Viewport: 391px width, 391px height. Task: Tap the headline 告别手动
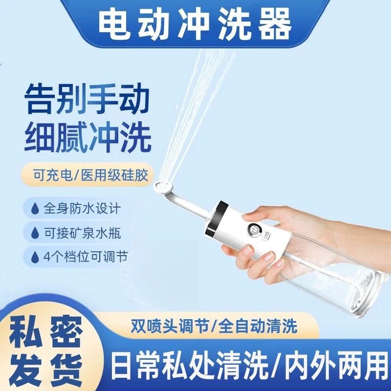[87, 99]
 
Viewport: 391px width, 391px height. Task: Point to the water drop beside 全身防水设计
[34, 209]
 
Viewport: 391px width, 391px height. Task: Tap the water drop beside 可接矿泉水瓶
[34, 233]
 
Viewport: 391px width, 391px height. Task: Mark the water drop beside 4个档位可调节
[34, 257]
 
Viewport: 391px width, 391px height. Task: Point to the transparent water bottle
[337, 274]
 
